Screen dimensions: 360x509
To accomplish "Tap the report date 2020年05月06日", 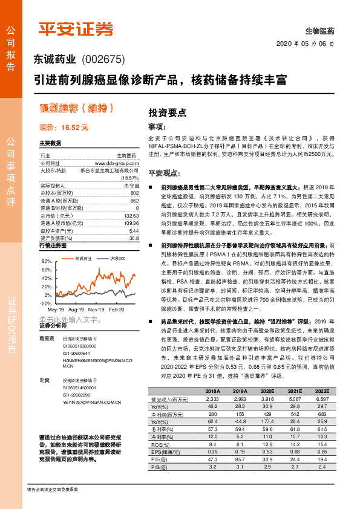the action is pyautogui.click(x=310, y=44).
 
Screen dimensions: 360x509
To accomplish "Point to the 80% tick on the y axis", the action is pyautogui.click(x=47, y=261).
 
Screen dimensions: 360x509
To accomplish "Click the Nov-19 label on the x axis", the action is pyautogui.click(x=96, y=309).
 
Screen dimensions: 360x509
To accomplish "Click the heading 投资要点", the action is pyautogui.click(x=168, y=112).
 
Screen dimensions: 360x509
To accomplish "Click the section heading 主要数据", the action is pyautogui.click(x=51, y=143).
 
